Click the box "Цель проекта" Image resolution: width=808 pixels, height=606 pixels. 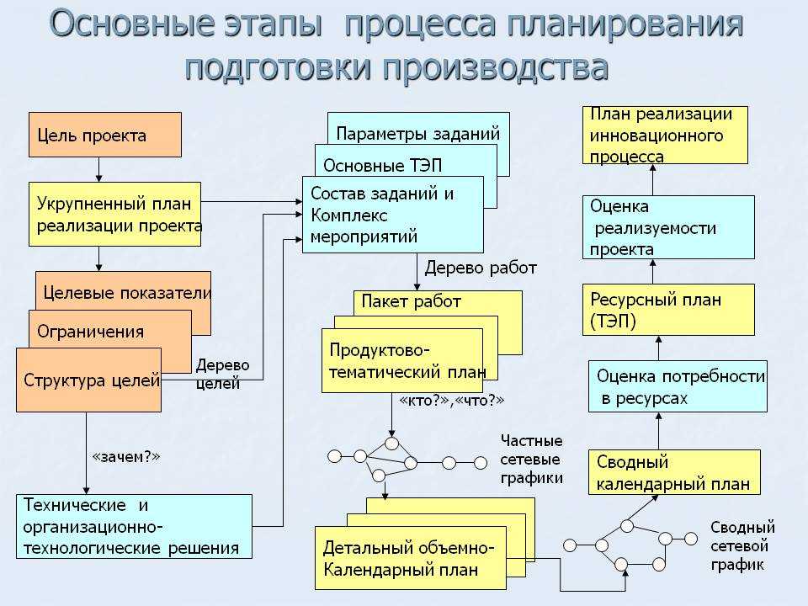pyautogui.click(x=105, y=135)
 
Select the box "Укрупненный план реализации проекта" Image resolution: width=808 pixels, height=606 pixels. pyautogui.click(x=115, y=214)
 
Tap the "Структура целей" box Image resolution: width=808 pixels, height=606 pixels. pyautogui.click(x=88, y=380)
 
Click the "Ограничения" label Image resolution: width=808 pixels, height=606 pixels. pyautogui.click(x=91, y=332)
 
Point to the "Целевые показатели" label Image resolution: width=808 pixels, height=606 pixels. pyautogui.click(x=127, y=293)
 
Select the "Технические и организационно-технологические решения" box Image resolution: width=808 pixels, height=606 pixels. pyautogui.click(x=134, y=526)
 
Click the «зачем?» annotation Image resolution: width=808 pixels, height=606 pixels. pyautogui.click(x=125, y=456)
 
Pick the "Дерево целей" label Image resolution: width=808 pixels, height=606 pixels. pyautogui.click(x=222, y=374)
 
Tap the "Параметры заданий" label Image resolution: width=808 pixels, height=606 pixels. pyautogui.click(x=418, y=134)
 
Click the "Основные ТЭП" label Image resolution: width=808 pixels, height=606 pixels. pyautogui.click(x=382, y=166)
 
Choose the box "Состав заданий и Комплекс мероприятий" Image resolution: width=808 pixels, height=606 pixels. pyautogui.click(x=393, y=215)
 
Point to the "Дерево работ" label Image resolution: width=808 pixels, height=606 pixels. pyautogui.click(x=481, y=268)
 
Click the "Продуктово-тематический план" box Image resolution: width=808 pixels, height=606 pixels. pyautogui.click(x=402, y=361)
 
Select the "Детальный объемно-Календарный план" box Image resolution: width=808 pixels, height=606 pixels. pyautogui.click(x=411, y=558)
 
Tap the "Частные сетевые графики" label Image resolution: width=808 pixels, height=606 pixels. pyautogui.click(x=531, y=460)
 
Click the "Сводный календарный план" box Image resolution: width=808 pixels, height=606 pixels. pyautogui.click(x=674, y=472)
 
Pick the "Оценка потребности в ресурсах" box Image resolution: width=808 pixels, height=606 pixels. pyautogui.click(x=678, y=386)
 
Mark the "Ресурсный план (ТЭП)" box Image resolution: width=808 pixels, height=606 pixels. pyautogui.click(x=668, y=310)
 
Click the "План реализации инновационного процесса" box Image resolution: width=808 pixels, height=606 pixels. pyautogui.click(x=665, y=135)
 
